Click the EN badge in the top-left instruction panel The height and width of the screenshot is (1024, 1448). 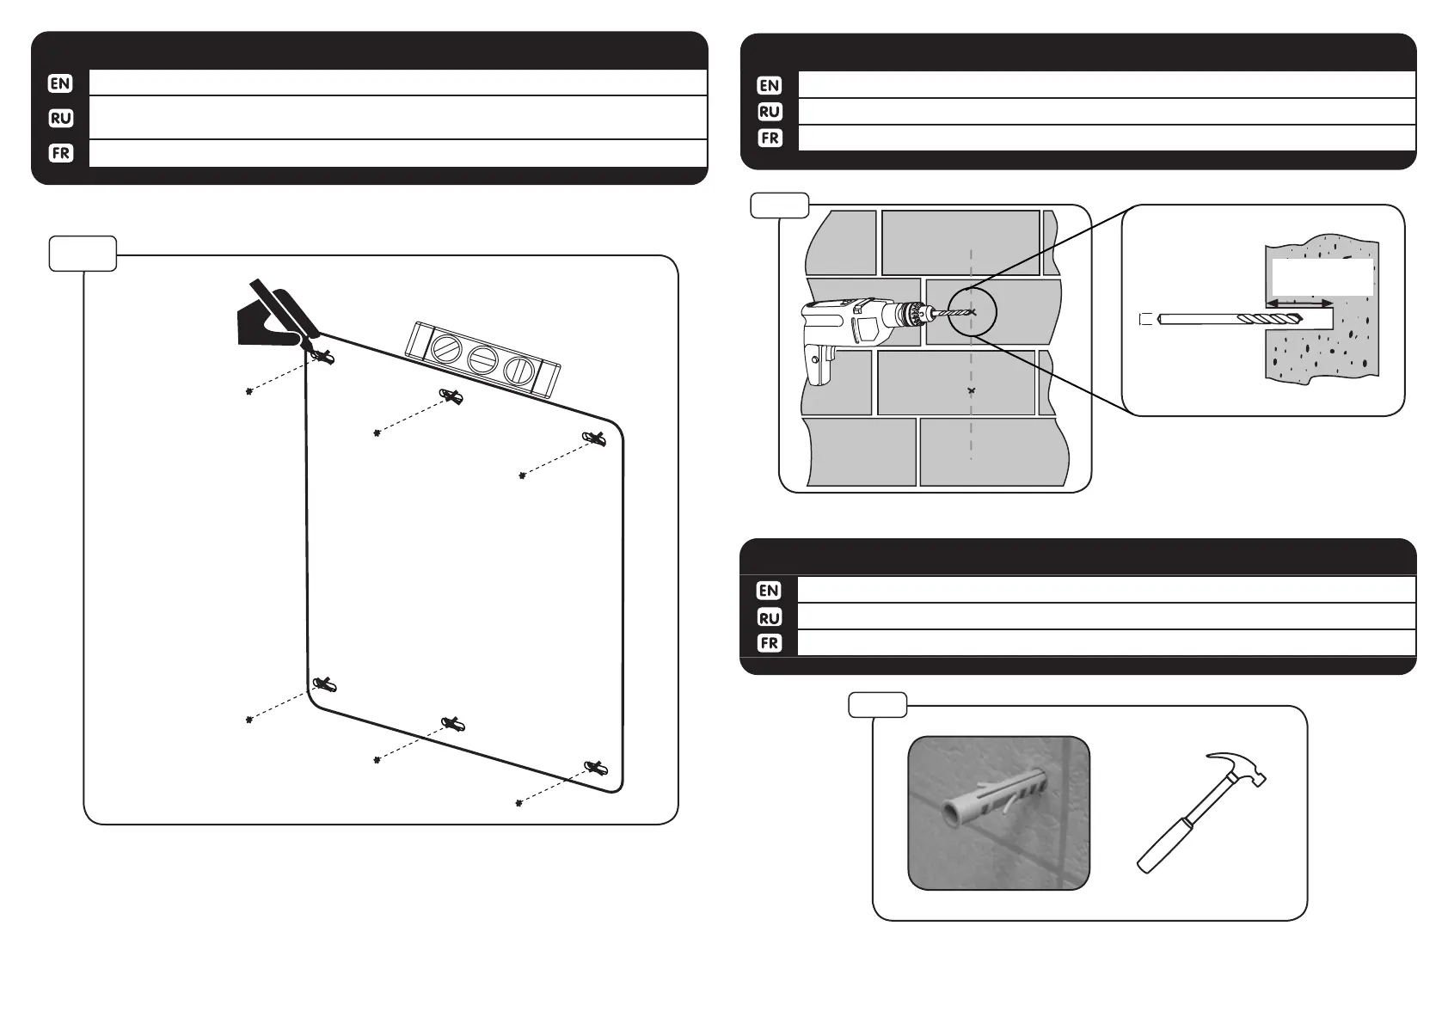pos(60,83)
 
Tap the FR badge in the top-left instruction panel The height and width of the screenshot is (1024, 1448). pos(60,153)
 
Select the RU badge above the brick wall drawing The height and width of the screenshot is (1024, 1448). pos(770,112)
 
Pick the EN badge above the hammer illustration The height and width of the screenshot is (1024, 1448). pos(769,591)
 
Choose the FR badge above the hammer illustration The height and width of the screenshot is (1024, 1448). pos(769,643)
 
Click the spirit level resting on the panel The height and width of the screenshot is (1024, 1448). pos(482,359)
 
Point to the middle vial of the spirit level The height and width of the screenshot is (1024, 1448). pos(482,359)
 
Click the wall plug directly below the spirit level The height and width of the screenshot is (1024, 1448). pos(452,397)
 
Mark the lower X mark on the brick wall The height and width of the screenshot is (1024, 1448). pos(972,391)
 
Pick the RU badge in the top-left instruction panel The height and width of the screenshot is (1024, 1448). pos(60,118)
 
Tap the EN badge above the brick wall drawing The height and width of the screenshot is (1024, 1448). pos(770,85)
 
